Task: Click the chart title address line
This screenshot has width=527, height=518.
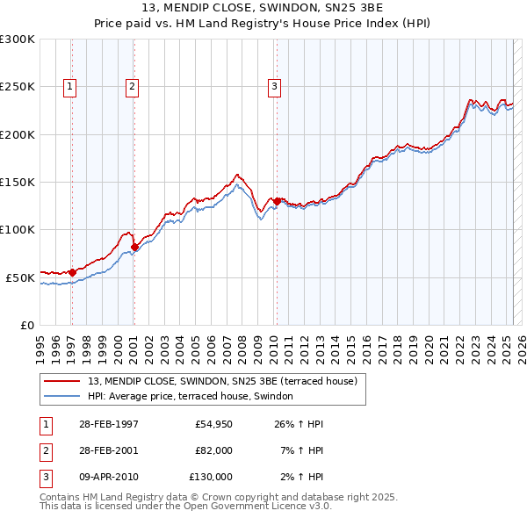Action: [263, 9]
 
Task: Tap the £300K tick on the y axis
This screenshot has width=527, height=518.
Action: [18, 40]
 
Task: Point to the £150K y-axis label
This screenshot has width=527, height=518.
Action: [18, 182]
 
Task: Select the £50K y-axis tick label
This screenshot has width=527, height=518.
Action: [21, 277]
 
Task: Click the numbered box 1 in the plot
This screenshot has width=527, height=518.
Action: [69, 86]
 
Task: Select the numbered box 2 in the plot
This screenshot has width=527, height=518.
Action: [132, 86]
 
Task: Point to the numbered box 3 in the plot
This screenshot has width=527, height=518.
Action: [275, 86]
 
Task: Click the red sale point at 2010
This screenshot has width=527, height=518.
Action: [277, 201]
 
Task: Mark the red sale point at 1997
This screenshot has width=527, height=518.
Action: [72, 272]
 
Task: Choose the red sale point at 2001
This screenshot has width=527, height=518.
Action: [134, 247]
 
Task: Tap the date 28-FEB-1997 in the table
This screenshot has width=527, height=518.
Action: [107, 425]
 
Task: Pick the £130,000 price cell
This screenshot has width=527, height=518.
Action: [211, 477]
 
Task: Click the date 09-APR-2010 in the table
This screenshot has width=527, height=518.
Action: [108, 477]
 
